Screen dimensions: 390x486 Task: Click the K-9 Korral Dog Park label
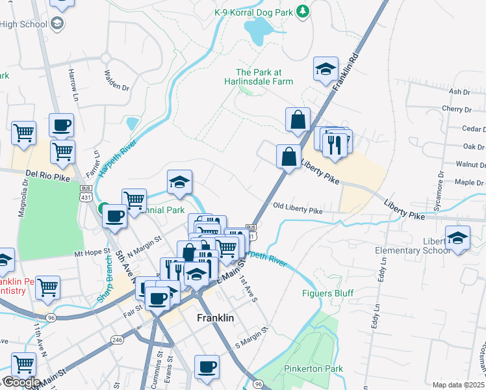[x=253, y=12]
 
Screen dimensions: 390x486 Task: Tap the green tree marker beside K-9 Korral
[x=302, y=11]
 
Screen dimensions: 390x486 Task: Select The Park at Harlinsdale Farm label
[x=264, y=77]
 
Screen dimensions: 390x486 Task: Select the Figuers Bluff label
[x=327, y=293]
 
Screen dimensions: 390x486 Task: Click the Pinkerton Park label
[x=313, y=369]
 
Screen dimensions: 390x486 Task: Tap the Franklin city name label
[x=215, y=318]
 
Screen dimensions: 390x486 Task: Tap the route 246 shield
[x=117, y=339]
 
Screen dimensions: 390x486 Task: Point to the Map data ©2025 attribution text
[x=458, y=385]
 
